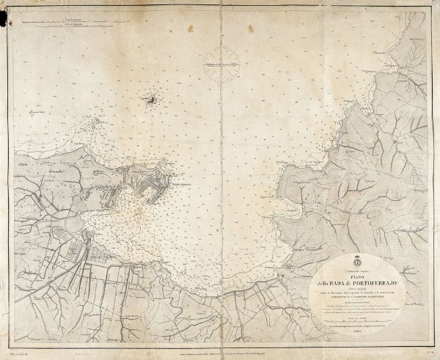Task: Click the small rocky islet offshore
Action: pyautogui.click(x=151, y=99)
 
